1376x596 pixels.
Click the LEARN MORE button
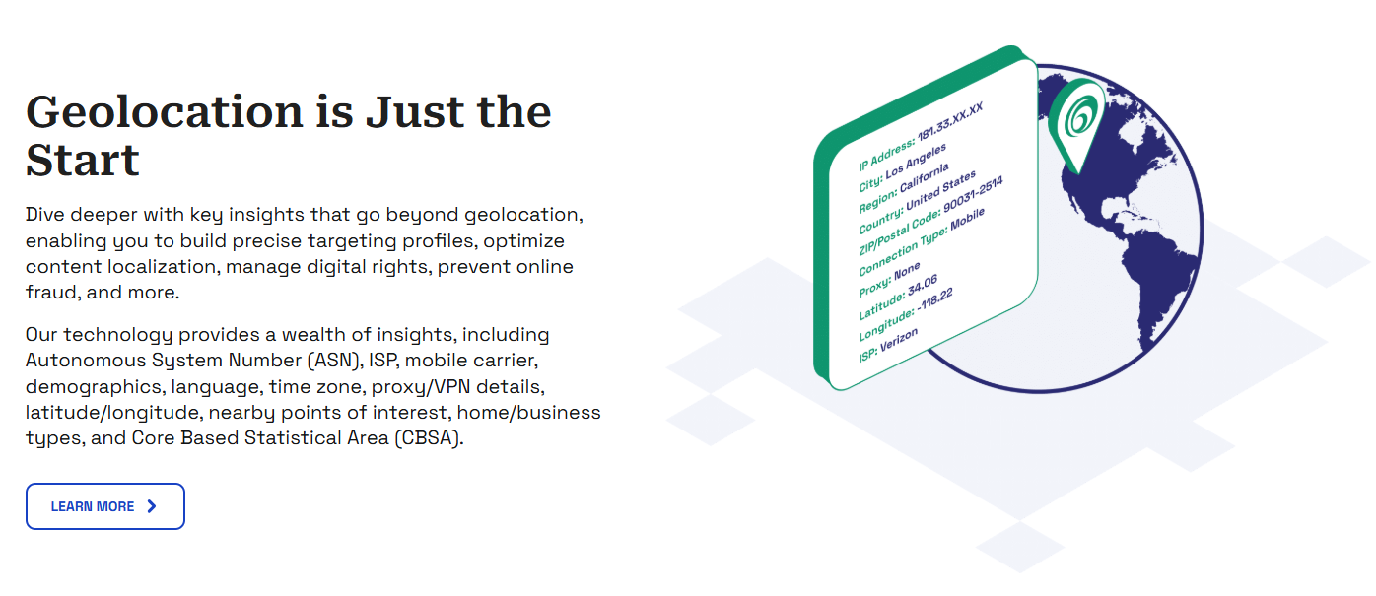point(105,506)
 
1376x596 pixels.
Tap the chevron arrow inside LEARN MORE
point(152,506)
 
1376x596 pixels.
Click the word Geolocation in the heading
point(164,112)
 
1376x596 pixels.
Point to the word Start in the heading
point(83,161)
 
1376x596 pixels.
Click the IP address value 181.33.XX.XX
point(949,121)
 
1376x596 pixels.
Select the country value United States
point(940,190)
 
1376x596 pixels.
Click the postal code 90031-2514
point(973,194)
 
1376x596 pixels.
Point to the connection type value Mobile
point(967,221)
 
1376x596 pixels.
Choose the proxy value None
point(907,271)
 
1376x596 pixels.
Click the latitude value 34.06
point(923,285)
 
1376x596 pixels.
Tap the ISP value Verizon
point(899,340)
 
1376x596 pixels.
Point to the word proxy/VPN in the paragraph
point(421,387)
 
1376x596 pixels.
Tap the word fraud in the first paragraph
point(51,293)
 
